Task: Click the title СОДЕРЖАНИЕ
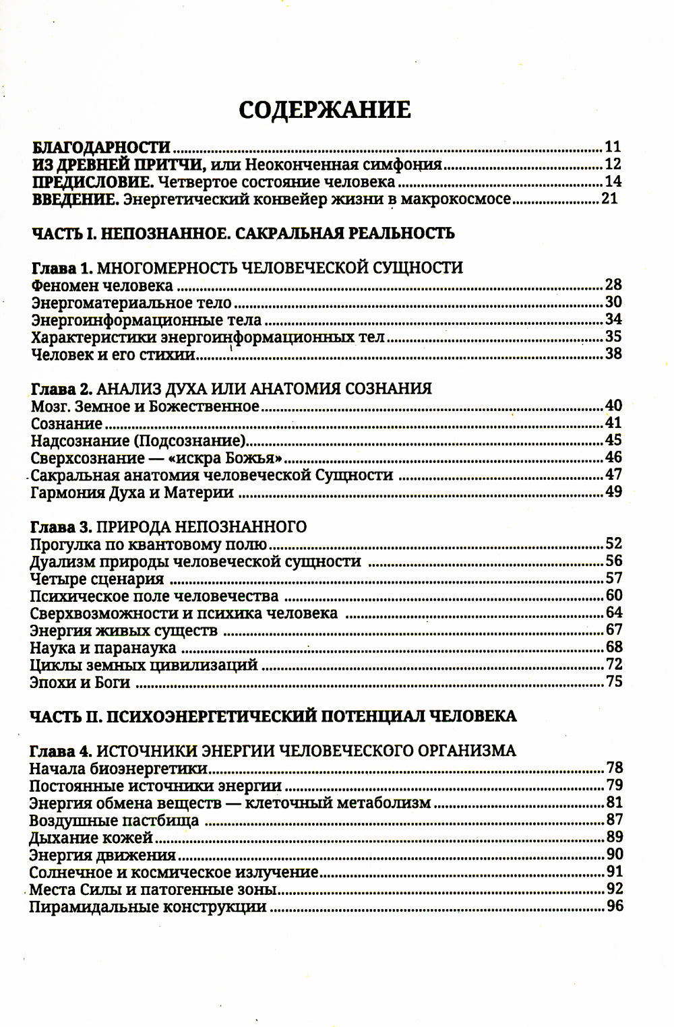pyautogui.click(x=324, y=110)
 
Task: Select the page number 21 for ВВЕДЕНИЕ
pyautogui.click(x=608, y=199)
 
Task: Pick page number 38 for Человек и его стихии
pyautogui.click(x=613, y=354)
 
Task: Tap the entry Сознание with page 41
pyautogui.click(x=67, y=424)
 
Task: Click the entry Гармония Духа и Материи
pyautogui.click(x=132, y=493)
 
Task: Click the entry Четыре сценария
pyautogui.click(x=97, y=579)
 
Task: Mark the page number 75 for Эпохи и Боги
pyautogui.click(x=613, y=682)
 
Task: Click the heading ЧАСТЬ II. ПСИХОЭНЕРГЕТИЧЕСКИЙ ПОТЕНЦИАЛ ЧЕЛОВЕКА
pyautogui.click(x=273, y=716)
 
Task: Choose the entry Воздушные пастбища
pyautogui.click(x=114, y=821)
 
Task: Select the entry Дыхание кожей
pyautogui.click(x=92, y=838)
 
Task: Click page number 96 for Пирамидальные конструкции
pyautogui.click(x=615, y=906)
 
